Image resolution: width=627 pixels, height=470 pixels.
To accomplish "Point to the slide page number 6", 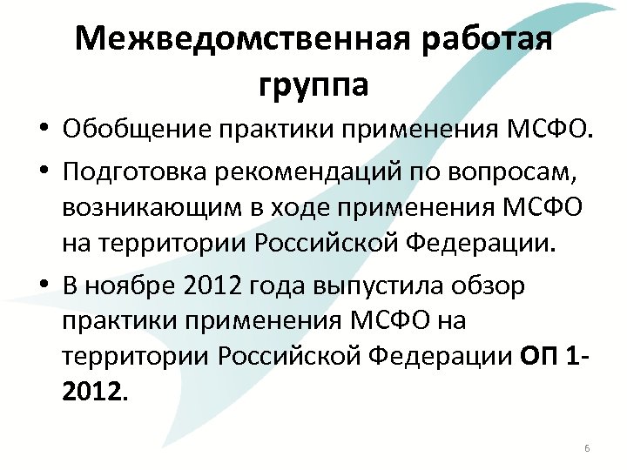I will tap(587, 448).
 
